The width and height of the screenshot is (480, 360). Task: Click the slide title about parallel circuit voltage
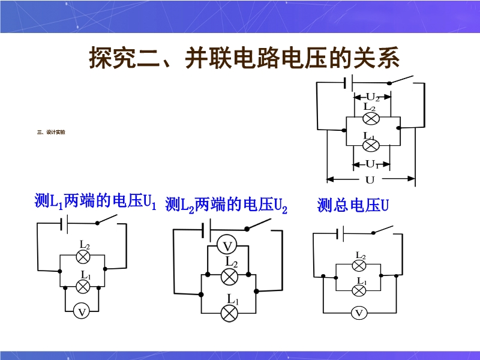point(244,59)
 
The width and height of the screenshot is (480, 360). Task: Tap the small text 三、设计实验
point(51,132)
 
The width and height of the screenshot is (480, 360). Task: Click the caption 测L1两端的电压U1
point(95,202)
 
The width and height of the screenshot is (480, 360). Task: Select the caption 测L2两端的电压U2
point(226,206)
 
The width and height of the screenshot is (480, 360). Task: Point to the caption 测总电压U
point(353,206)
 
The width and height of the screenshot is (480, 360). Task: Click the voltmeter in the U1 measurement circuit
point(82,311)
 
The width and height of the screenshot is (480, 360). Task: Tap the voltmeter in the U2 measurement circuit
point(227,246)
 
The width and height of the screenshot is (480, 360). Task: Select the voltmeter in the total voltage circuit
point(359,313)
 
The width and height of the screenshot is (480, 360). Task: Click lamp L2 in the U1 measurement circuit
point(83,256)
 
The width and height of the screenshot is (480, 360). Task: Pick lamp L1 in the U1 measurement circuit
point(83,286)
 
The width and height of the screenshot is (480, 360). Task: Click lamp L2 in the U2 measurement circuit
point(229,276)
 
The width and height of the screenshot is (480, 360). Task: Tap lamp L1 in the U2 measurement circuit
point(229,313)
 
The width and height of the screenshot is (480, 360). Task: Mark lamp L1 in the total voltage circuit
point(359,291)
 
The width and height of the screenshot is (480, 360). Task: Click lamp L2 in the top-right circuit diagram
point(370,118)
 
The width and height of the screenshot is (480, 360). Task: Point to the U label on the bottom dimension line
point(370,180)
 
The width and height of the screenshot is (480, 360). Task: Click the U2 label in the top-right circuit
point(372,97)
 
